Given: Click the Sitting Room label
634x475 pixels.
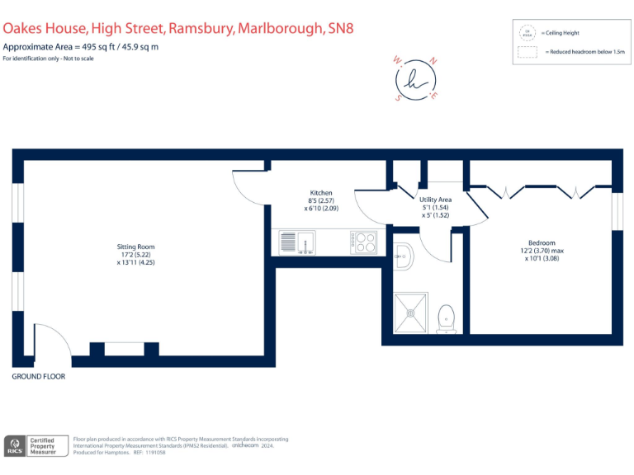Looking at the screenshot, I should click(135, 247).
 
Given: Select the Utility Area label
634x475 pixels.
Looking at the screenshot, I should click(434, 200).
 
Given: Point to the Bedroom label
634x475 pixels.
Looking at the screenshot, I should click(542, 242).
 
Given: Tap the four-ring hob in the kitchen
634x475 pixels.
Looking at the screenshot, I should click(364, 242).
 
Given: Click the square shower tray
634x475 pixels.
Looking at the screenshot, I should click(412, 313).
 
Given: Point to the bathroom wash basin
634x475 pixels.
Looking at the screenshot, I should click(402, 257).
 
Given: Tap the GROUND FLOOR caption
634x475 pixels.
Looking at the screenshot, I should click(38, 376).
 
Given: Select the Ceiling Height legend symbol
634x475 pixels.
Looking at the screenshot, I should click(527, 34).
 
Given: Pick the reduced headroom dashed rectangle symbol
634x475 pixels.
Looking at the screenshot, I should click(527, 51).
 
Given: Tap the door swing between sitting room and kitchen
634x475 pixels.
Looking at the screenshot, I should click(250, 188).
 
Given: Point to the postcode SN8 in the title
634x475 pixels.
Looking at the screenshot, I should click(339, 28).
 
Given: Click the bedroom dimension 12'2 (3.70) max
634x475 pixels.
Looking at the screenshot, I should click(542, 251).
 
